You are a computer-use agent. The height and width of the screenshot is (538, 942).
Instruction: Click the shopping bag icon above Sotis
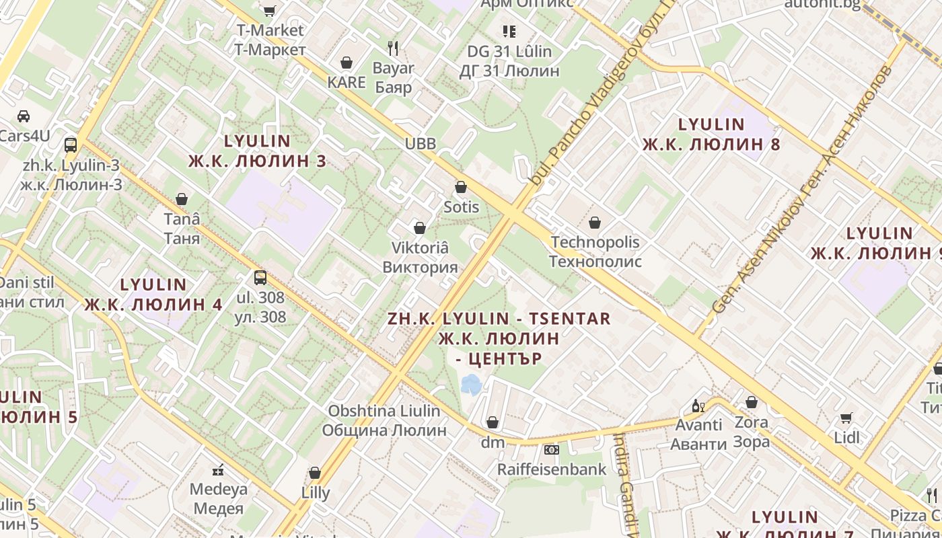click(x=461, y=187)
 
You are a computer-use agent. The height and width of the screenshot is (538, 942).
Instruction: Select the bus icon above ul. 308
click(x=260, y=277)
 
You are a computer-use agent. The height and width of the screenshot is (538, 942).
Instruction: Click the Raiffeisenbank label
click(x=552, y=469)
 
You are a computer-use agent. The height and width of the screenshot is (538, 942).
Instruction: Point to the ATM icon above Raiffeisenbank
click(x=552, y=449)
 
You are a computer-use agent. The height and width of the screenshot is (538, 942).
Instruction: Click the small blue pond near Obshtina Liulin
click(x=471, y=385)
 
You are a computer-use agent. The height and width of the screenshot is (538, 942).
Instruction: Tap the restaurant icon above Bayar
click(x=394, y=48)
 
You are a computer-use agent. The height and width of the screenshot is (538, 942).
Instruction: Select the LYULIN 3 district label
click(x=257, y=151)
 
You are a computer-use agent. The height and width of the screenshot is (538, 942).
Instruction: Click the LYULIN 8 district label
click(x=711, y=134)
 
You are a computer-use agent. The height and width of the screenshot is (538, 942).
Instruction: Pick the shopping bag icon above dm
click(x=493, y=422)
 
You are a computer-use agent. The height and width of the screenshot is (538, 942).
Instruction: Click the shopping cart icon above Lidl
click(x=846, y=418)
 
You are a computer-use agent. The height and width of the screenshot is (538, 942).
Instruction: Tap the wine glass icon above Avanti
click(x=698, y=406)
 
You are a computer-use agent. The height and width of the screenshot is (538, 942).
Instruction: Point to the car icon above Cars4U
click(x=24, y=116)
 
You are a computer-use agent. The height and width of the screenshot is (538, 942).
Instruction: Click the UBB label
click(x=421, y=143)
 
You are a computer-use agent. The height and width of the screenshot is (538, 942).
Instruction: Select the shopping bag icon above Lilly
click(x=315, y=473)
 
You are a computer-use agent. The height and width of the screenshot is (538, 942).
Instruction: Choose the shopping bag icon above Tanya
click(x=181, y=199)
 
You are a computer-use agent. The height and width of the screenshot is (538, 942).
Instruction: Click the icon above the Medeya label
click(x=218, y=469)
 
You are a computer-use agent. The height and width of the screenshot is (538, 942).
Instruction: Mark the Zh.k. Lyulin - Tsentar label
click(x=499, y=338)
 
